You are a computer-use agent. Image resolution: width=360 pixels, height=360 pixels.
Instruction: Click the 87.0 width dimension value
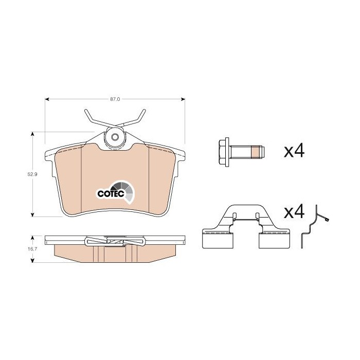[x=115, y=99]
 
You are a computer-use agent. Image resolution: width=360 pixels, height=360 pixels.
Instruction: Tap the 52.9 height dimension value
[x=32, y=174]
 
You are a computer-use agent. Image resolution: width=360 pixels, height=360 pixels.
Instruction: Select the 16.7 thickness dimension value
[x=32, y=249]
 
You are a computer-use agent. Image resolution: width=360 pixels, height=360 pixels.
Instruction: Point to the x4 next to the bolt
[x=294, y=151]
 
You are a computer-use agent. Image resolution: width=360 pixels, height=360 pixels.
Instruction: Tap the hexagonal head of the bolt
[x=222, y=152]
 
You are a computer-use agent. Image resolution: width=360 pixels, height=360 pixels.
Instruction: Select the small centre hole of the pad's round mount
[x=115, y=137]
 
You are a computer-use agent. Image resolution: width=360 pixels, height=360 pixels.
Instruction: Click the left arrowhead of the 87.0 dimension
[x=47, y=99]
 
